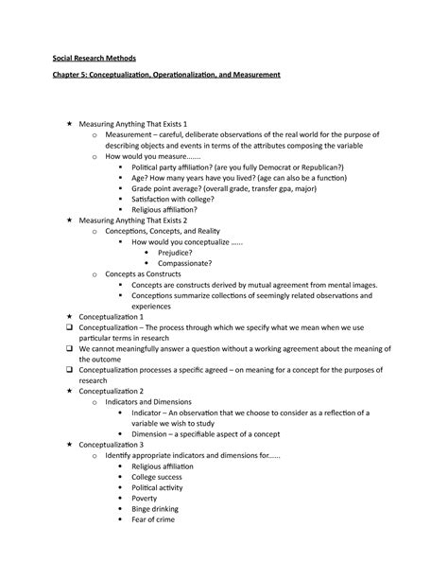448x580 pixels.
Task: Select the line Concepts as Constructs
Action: pos(146,273)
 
